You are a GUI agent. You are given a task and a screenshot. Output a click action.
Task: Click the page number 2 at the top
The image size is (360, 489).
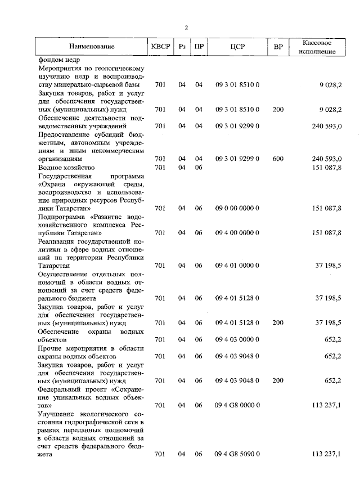tap(186, 28)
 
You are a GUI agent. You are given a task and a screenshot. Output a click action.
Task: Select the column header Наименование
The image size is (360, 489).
tap(91, 47)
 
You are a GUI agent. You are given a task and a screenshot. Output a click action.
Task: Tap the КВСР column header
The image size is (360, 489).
tap(160, 47)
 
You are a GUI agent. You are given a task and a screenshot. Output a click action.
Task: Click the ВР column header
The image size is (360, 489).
tap(277, 47)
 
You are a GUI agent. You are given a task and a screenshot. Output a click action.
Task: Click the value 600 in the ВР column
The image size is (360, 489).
tap(277, 159)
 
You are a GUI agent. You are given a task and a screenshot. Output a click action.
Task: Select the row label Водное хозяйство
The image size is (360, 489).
tap(66, 168)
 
